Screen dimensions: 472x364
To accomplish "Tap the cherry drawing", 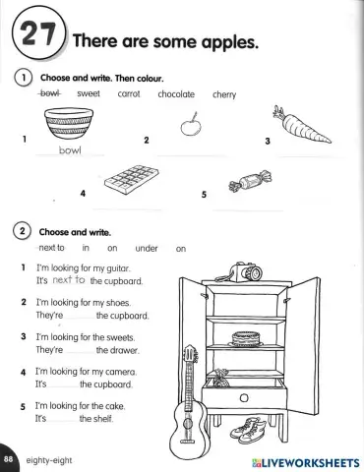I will click(x=190, y=125).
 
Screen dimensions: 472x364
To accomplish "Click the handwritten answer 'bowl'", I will click(x=69, y=151).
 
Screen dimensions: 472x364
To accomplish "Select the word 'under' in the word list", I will click(x=147, y=249).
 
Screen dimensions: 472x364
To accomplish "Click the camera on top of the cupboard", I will click(x=243, y=268).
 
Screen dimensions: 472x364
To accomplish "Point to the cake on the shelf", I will click(x=245, y=337).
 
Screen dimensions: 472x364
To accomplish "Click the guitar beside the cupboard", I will click(x=184, y=411).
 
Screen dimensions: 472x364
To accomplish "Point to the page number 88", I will click(x=9, y=459).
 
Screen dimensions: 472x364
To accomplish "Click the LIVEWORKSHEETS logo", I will click(x=304, y=460).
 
